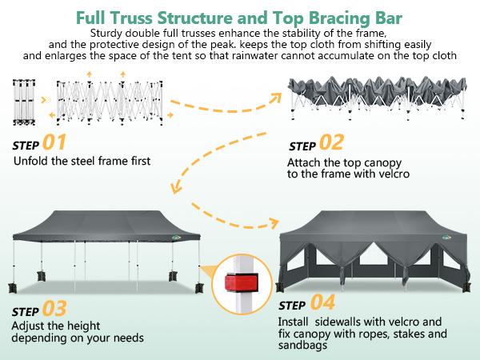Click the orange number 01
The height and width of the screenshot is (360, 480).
54,143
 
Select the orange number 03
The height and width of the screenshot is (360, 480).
54,308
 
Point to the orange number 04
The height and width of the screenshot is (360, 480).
322,303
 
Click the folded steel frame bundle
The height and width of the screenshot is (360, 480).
24,102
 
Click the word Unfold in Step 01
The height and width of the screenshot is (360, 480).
31,161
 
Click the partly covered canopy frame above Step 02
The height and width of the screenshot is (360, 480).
376,100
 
